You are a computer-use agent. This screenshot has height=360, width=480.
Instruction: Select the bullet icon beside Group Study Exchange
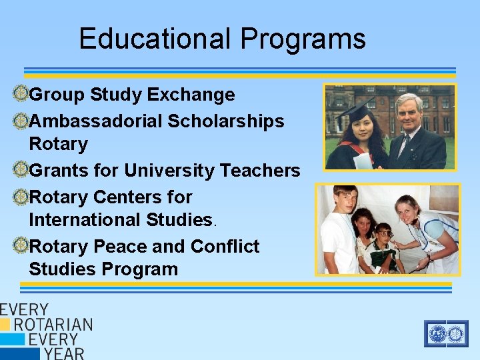(x=20, y=95)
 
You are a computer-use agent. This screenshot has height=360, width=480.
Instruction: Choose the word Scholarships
(x=226, y=121)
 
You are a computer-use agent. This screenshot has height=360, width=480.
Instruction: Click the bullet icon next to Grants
(x=20, y=171)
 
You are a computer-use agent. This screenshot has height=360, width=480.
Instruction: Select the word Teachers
(x=260, y=171)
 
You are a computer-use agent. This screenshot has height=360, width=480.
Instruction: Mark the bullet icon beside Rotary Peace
(x=20, y=247)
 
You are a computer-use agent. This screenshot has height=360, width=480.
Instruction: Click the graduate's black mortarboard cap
(x=360, y=105)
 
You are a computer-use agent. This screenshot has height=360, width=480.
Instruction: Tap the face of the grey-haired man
(x=409, y=111)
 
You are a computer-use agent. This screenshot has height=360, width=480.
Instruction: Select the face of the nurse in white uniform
(x=408, y=212)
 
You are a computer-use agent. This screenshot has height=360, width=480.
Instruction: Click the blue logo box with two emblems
(x=446, y=333)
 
